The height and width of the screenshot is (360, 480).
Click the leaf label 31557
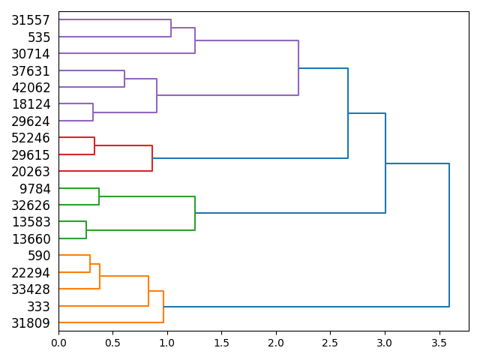click(x=31, y=20)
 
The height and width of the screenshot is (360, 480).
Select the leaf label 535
click(x=38, y=37)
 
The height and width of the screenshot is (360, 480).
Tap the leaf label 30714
click(x=31, y=54)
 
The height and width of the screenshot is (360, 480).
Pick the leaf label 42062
click(x=31, y=88)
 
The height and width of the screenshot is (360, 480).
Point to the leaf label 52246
click(x=31, y=138)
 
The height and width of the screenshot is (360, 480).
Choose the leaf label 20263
click(x=31, y=172)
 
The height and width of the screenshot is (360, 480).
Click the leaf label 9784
click(x=34, y=188)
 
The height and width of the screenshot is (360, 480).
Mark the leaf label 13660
click(x=31, y=239)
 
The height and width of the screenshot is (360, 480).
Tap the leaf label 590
click(x=38, y=256)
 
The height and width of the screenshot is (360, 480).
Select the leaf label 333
click(x=38, y=306)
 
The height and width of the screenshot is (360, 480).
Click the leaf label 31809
click(x=31, y=323)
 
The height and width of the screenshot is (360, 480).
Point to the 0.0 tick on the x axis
click(x=58, y=343)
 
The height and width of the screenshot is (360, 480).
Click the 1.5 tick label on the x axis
click(x=221, y=343)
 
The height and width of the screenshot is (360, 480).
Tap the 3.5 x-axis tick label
click(x=439, y=343)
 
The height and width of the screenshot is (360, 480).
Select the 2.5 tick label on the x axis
click(x=330, y=343)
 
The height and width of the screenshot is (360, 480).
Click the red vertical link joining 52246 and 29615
click(x=94, y=146)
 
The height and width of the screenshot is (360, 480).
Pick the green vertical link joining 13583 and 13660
click(x=86, y=230)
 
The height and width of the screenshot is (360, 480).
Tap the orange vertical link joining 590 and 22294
click(x=90, y=264)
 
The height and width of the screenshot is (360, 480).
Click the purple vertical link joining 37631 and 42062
click(x=124, y=79)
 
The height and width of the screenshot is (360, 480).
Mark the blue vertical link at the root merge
click(x=449, y=235)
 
